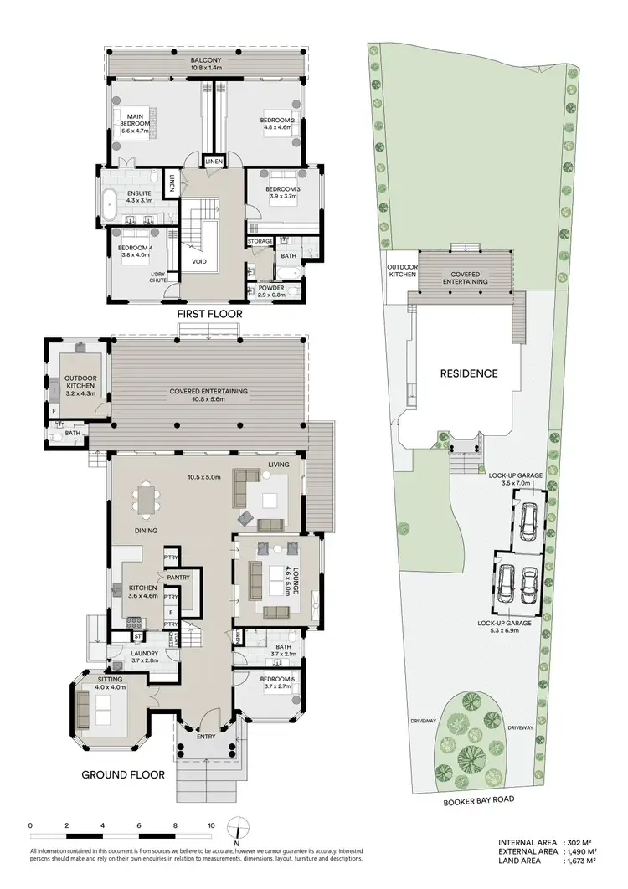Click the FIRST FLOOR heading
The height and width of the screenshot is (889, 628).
coord(209,314)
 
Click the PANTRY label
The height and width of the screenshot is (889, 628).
coord(178,577)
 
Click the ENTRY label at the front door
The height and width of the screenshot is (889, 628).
coord(206,737)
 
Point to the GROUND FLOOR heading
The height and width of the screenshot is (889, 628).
coord(123,774)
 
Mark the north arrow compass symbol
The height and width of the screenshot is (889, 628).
coord(239,830)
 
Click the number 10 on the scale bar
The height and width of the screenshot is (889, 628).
coord(211,825)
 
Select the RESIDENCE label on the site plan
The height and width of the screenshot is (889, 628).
coord(470,373)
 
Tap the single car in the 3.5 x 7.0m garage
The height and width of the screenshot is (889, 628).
coord(528,522)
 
